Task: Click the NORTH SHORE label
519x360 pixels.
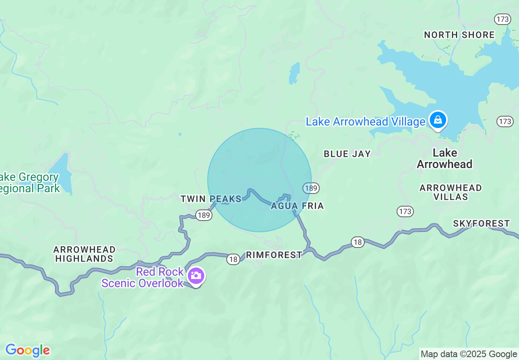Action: point(459,35)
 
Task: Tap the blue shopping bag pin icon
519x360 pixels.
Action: point(438,120)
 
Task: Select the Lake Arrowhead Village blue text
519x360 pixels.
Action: point(366,122)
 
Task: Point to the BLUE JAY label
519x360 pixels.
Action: point(347,154)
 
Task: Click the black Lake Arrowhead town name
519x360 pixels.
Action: point(445,159)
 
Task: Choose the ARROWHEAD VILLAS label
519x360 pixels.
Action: point(450,192)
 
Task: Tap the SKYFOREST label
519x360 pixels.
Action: point(481,223)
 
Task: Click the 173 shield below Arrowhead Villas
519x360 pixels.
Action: point(405,211)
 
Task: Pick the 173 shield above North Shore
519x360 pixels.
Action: point(502,19)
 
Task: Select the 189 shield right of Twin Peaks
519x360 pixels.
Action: point(203,215)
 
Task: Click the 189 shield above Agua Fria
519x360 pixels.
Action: point(311,188)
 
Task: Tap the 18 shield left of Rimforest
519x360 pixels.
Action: point(233,259)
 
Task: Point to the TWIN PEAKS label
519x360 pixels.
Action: point(211,199)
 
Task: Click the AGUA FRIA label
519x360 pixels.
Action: point(298,206)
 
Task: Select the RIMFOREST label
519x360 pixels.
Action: point(274,255)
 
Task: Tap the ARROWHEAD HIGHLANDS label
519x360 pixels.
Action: point(84,254)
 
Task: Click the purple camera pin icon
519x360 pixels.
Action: point(196,276)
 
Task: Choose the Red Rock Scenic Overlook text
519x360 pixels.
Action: point(143,277)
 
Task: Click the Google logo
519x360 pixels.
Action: point(27,351)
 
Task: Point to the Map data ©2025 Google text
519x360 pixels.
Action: point(469,354)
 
